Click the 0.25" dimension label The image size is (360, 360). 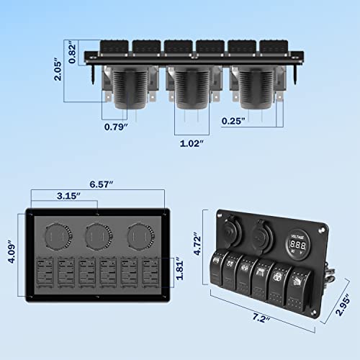pos(236,120)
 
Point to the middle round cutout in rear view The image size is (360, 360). pos(96,235)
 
